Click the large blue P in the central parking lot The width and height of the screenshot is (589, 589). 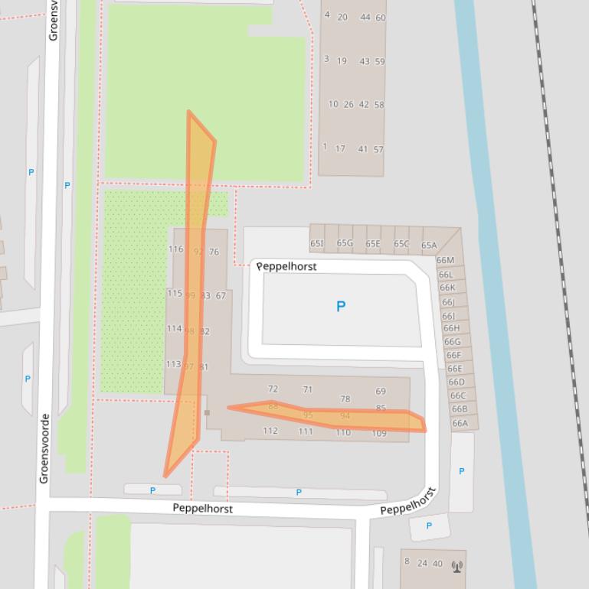341,307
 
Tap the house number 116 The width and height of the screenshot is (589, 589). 175,249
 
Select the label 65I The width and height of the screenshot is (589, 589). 317,244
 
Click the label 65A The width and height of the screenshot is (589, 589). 429,246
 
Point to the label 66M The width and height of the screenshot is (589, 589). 445,260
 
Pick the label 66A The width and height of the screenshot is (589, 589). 460,423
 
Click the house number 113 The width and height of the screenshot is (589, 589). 174,365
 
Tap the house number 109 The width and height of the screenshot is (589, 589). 379,434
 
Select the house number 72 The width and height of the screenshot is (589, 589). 273,389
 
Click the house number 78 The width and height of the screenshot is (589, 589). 345,399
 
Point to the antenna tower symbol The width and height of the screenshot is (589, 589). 457,567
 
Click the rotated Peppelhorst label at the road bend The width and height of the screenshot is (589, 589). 408,501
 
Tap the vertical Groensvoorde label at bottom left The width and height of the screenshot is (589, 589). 44,448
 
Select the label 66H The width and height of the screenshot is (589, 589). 451,328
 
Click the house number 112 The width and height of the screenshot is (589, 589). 270,431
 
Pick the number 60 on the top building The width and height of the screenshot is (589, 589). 381,18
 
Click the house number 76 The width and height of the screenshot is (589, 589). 214,252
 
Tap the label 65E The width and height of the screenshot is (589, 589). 372,244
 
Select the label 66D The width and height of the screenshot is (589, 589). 456,382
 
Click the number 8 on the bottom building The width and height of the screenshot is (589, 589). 407,561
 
